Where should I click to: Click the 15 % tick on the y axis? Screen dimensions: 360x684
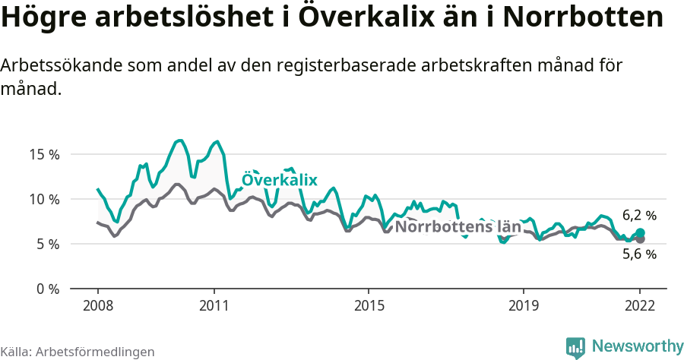[x=43, y=154]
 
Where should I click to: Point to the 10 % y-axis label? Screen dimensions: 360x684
[x=43, y=199]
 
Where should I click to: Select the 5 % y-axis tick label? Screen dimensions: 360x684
[x=46, y=244]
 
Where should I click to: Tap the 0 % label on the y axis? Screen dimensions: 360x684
[x=46, y=289]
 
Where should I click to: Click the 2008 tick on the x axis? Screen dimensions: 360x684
[x=98, y=305]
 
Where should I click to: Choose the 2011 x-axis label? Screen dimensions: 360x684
[x=214, y=305]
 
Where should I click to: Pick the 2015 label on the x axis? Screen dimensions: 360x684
[x=369, y=305]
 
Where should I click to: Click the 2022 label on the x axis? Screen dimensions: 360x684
[x=640, y=305]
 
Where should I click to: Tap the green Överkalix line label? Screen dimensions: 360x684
[x=279, y=180]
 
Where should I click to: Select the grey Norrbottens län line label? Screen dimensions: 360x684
[x=459, y=226]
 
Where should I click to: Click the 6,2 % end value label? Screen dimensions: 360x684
[x=639, y=216]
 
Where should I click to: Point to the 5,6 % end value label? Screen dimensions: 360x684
[x=639, y=254]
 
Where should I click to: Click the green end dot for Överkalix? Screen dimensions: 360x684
[x=640, y=233]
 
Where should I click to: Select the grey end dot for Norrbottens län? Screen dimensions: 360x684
[x=640, y=239]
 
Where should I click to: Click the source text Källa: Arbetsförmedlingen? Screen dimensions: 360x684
[x=78, y=352]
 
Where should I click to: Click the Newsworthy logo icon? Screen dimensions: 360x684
[x=575, y=347]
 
